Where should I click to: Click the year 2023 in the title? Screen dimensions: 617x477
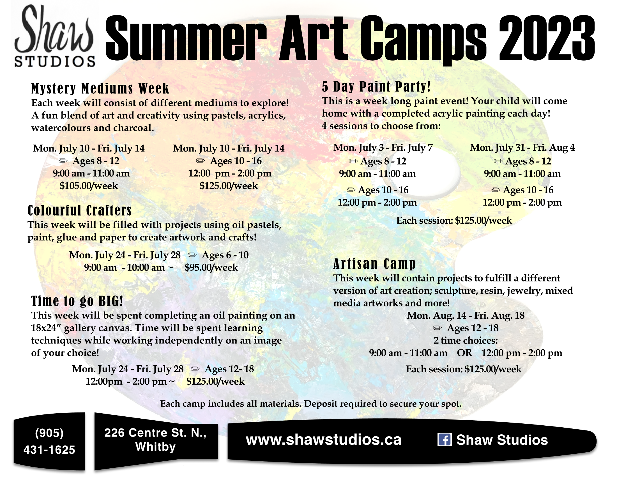[547, 38]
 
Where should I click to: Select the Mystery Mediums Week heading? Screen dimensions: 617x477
[100, 88]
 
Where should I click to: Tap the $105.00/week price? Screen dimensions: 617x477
[89, 186]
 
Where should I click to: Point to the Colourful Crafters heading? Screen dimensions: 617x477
[80, 210]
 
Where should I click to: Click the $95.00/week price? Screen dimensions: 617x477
[211, 267]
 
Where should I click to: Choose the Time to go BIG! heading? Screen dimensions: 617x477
[77, 301]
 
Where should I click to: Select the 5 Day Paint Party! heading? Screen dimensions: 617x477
[376, 86]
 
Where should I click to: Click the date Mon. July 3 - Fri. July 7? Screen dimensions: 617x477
[383, 148]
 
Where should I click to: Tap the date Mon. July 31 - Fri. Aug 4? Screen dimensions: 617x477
[522, 148]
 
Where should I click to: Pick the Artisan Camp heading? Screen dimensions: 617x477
[374, 264]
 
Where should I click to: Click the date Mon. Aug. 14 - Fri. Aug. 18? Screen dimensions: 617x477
[466, 315]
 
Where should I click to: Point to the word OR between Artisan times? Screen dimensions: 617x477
[464, 353]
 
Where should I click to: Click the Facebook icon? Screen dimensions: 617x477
[445, 440]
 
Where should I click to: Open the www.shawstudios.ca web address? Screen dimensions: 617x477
[323, 440]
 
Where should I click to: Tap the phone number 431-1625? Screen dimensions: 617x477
[49, 450]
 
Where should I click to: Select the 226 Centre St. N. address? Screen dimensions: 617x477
[155, 433]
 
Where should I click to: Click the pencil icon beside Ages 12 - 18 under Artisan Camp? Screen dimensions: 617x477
[438, 328]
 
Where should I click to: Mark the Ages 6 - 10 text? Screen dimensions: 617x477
[225, 255]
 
